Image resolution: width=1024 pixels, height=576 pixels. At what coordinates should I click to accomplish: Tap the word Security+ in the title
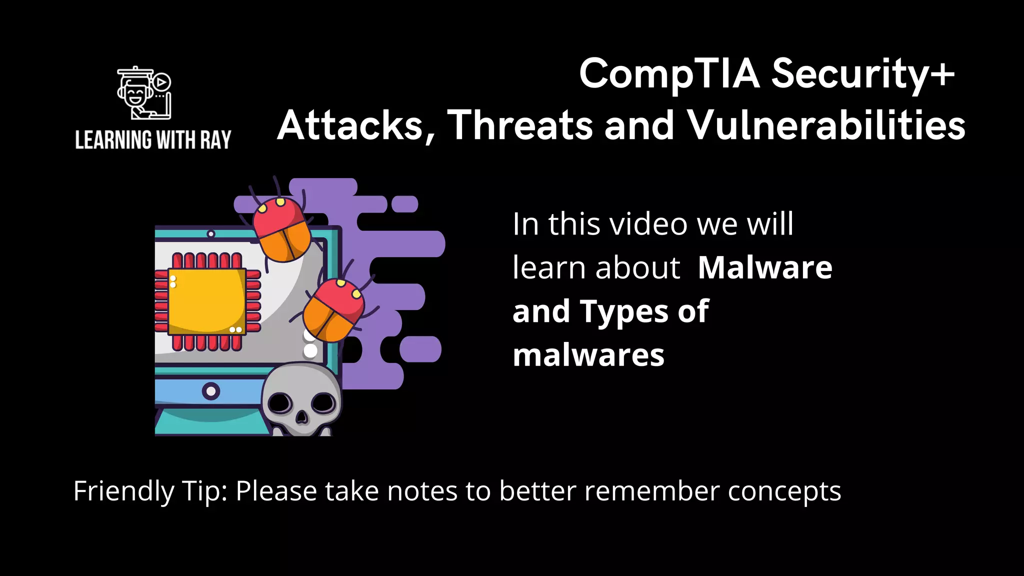863,74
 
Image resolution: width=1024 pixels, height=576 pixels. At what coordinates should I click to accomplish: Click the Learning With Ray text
153,140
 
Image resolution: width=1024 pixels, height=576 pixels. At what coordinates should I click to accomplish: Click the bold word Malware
765,267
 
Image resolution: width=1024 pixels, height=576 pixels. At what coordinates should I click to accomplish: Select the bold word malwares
588,355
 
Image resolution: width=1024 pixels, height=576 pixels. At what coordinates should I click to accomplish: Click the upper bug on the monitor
281,228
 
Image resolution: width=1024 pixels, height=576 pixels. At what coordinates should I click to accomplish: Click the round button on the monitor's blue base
211,390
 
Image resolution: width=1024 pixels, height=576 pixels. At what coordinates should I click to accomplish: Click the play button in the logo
161,82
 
